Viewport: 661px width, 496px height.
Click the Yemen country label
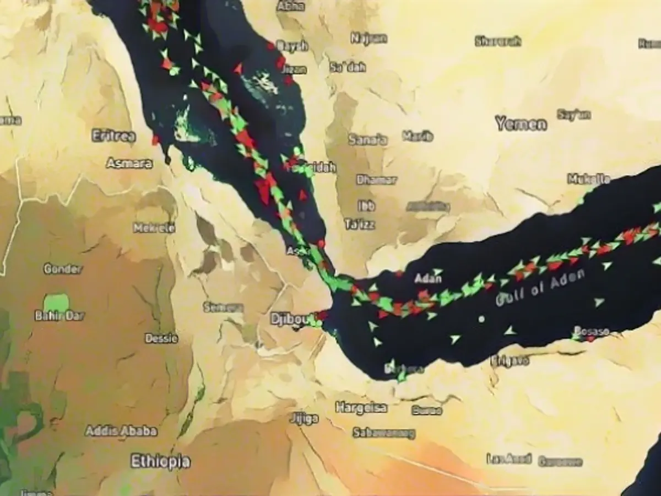pyautogui.click(x=521, y=123)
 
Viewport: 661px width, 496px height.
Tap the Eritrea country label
pyautogui.click(x=114, y=136)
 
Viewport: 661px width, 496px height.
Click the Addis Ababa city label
pyautogui.click(x=121, y=431)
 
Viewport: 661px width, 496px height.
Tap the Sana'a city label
pyautogui.click(x=367, y=139)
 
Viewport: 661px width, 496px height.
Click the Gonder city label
pyautogui.click(x=63, y=269)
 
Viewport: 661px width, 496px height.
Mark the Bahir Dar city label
pyautogui.click(x=59, y=316)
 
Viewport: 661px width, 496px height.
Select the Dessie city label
pyautogui.click(x=161, y=338)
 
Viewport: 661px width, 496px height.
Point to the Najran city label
pyautogui.click(x=369, y=38)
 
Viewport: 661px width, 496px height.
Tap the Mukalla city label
pyautogui.click(x=589, y=179)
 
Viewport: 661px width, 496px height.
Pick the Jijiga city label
pyautogui.click(x=304, y=419)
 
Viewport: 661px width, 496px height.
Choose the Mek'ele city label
pyautogui.click(x=154, y=228)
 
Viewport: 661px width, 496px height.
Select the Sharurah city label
pyautogui.click(x=498, y=41)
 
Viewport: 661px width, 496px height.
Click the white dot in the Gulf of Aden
pyautogui.click(x=482, y=319)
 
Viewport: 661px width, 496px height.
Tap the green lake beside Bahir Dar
pyautogui.click(x=56, y=302)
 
